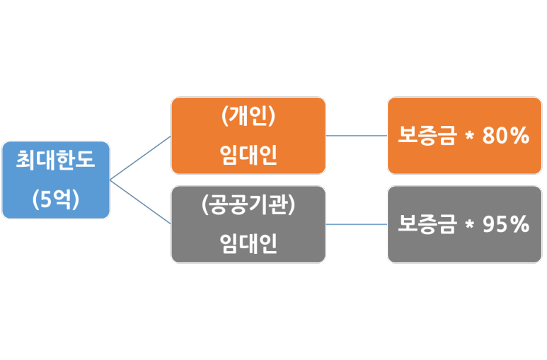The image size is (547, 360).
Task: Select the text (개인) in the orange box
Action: click(248, 117)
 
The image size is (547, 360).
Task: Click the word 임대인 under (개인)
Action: click(248, 154)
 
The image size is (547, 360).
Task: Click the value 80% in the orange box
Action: click(505, 136)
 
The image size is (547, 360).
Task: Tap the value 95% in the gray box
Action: click(505, 224)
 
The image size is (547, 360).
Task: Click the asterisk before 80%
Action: click(468, 137)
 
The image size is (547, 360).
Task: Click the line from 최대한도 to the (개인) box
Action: click(141, 158)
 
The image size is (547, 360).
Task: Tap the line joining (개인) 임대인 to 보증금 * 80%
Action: click(356, 135)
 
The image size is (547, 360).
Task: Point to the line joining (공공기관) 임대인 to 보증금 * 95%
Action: click(356, 224)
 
